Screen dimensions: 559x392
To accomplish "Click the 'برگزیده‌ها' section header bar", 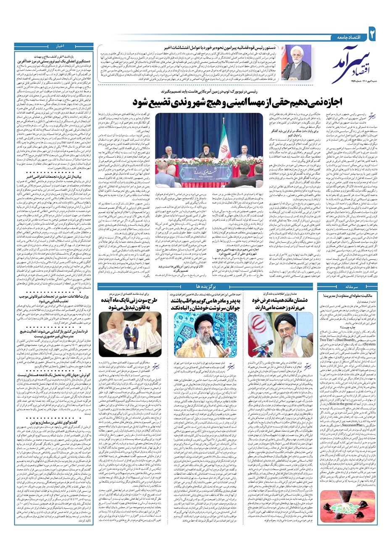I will click(x=205, y=286).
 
